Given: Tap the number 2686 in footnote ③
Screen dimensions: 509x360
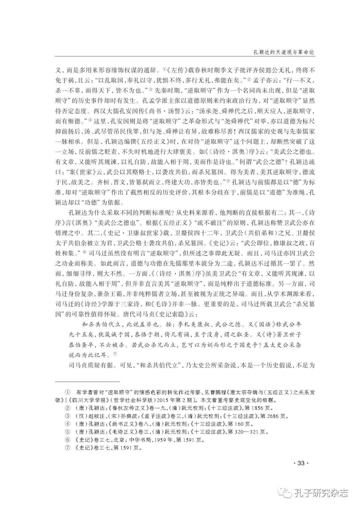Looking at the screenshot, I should tap(265, 416).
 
